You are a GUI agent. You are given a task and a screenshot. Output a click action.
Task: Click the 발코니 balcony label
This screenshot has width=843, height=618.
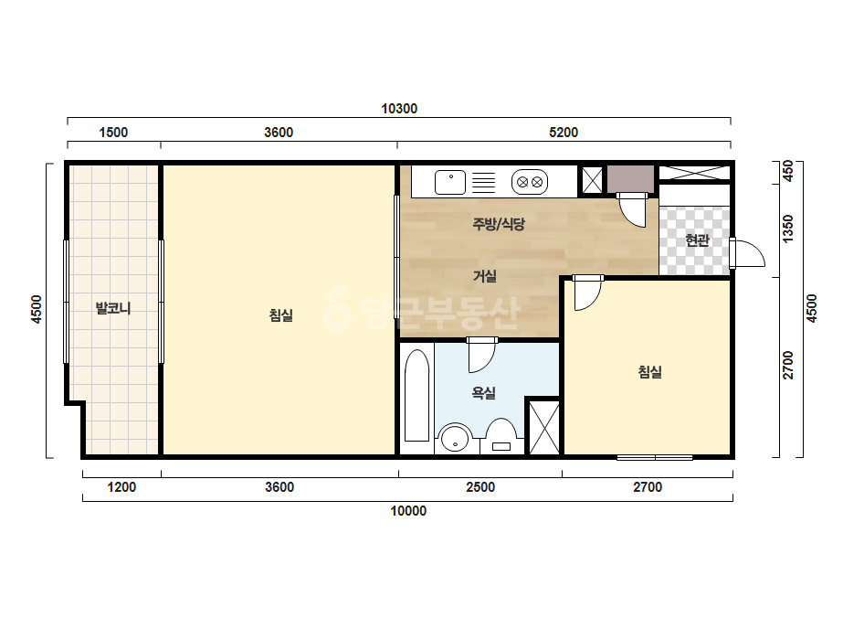click(113, 308)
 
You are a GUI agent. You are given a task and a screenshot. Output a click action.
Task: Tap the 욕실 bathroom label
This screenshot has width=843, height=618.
click(483, 393)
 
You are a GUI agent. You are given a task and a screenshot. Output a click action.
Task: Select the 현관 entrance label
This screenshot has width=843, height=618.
click(697, 240)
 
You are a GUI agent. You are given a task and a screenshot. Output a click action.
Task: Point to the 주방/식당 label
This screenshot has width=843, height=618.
click(499, 224)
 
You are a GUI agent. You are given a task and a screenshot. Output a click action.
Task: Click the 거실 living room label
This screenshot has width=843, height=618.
click(484, 276)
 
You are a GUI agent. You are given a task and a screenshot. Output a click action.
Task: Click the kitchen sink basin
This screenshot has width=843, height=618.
click(450, 182)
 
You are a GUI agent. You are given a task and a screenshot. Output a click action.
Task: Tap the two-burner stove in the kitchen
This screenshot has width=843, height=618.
click(530, 182)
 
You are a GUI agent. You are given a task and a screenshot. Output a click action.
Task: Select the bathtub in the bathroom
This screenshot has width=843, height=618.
click(416, 395)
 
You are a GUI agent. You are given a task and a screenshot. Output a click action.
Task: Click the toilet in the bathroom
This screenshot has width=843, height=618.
click(501, 436)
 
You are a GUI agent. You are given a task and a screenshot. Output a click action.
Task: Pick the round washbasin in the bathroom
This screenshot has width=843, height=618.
click(455, 438)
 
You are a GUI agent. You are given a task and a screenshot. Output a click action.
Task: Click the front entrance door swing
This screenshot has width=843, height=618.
click(747, 253)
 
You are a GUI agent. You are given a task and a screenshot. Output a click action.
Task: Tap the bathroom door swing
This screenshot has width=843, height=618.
click(481, 356)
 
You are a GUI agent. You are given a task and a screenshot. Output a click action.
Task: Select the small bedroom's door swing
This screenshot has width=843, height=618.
click(587, 293)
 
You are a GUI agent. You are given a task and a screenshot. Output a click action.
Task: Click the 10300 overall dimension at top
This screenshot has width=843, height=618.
click(399, 109)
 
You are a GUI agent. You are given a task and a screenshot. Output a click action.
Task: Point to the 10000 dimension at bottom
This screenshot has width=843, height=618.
click(408, 511)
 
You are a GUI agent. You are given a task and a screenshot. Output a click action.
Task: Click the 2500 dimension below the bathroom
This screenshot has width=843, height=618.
click(480, 487)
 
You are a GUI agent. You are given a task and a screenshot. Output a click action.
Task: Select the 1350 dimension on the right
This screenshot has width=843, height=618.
click(788, 229)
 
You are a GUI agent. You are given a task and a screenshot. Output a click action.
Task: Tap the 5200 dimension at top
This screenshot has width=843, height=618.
click(564, 133)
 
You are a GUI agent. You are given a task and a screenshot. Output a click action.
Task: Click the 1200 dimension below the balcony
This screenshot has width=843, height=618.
click(121, 487)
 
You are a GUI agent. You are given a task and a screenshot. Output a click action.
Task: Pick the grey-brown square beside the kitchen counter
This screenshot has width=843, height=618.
click(630, 178)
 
